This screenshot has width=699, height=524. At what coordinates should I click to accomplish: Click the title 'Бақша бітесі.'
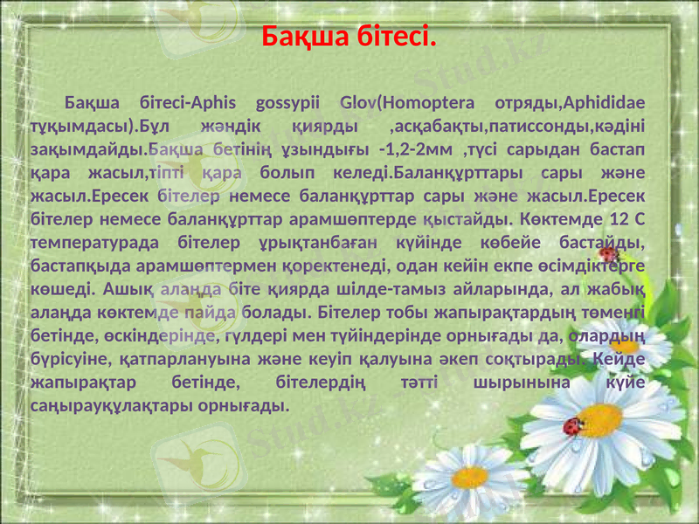[349, 38]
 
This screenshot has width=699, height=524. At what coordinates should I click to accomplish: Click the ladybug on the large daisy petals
[574, 426]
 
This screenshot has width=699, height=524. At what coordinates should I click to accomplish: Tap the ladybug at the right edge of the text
[611, 254]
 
